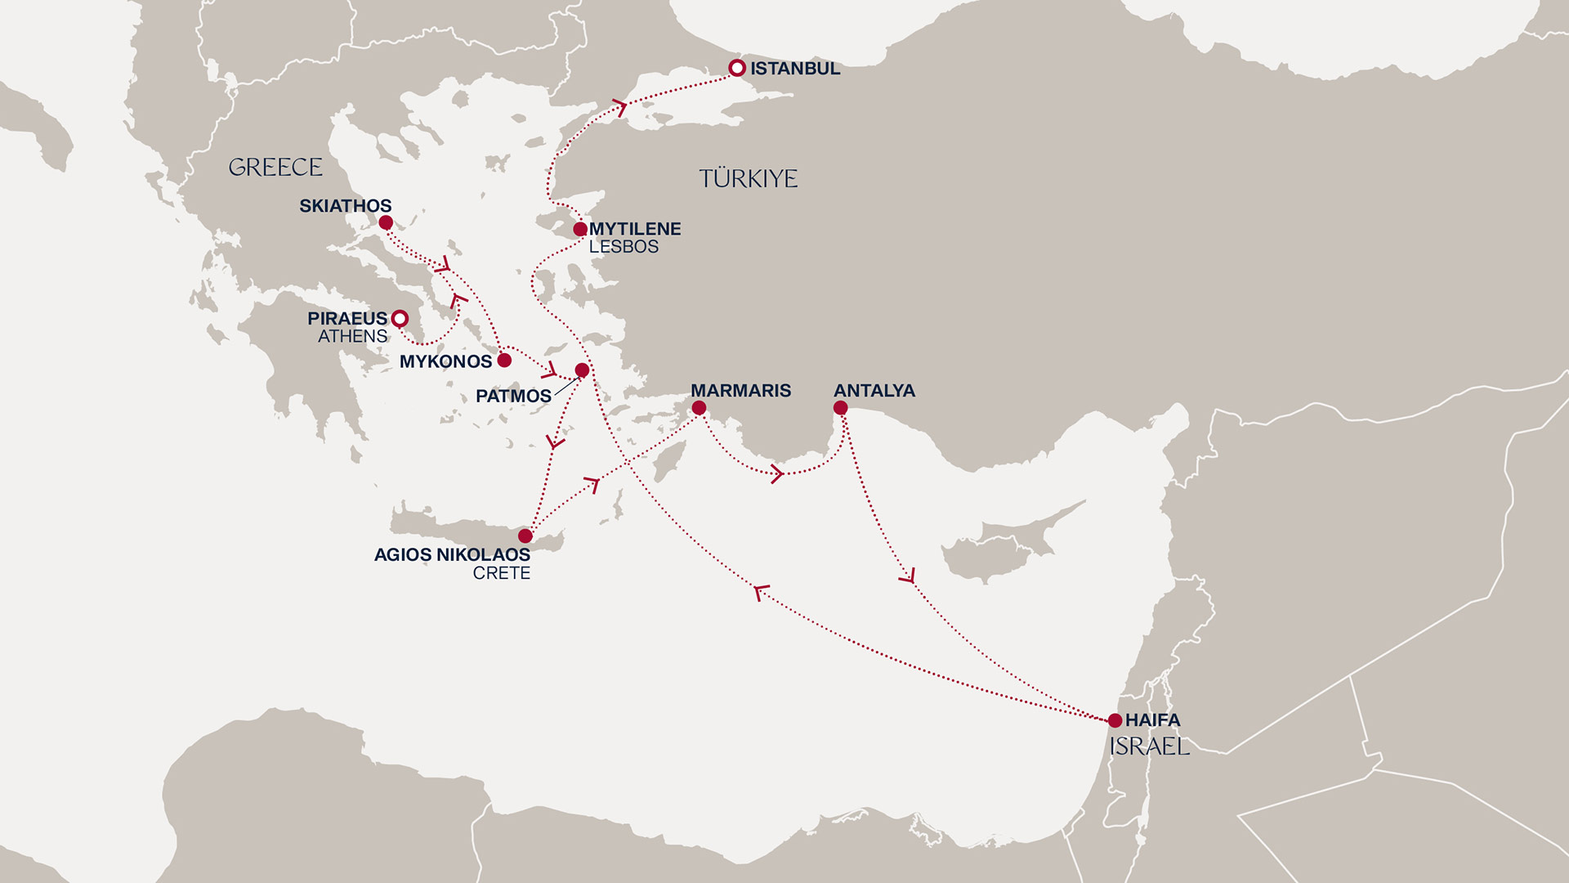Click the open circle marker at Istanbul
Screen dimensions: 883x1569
737,68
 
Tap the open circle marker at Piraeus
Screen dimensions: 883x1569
400,318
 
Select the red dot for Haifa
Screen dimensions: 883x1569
1115,720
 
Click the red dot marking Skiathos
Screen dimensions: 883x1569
386,222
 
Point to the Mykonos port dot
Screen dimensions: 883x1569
504,360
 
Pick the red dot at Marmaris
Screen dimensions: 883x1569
699,407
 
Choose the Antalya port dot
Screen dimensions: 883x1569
840,407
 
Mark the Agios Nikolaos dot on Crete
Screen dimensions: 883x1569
525,536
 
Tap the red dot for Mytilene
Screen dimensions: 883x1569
580,229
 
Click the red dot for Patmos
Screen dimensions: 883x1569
582,370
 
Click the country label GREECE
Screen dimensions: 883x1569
275,168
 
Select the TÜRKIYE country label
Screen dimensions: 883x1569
748,178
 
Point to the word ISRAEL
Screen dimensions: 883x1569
1149,746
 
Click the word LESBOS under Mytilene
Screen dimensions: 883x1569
624,247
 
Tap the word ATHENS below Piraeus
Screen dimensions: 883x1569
352,336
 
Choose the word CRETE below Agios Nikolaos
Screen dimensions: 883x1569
501,573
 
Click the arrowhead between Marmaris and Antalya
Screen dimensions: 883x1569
777,473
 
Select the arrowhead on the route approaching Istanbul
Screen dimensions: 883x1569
621,106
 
